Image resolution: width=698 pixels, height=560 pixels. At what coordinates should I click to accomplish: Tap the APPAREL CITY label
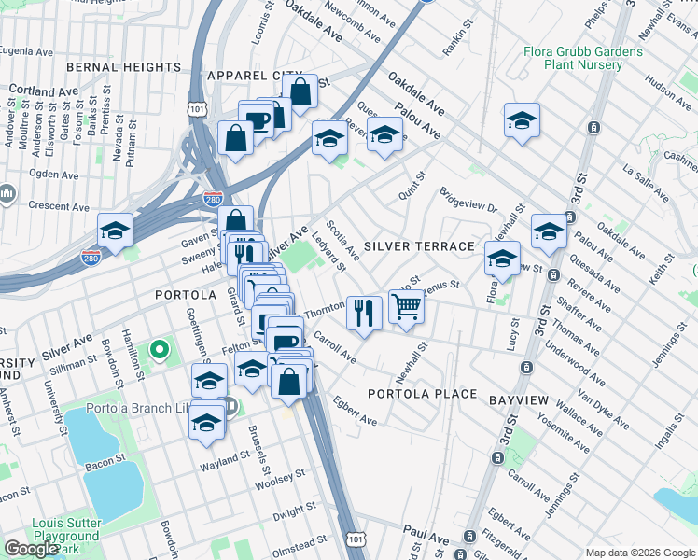pos(255,75)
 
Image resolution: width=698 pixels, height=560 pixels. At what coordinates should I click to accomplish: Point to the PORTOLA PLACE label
pos(422,394)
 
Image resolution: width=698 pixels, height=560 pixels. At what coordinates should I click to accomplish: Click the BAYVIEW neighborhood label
pos(519,399)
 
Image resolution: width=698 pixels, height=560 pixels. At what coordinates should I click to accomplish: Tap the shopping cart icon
pos(406,306)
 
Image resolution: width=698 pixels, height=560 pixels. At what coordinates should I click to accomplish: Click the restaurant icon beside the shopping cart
pos(363,311)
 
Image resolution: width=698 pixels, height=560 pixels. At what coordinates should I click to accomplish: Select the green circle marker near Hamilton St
pos(160,351)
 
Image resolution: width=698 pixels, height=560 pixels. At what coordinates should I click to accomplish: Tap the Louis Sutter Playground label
pos(65,529)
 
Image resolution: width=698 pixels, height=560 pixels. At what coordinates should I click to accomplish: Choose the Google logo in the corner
pos(31,549)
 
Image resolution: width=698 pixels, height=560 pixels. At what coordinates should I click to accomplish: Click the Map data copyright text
pos(640,553)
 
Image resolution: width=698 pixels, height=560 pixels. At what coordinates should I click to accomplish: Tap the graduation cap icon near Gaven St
pos(115,230)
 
